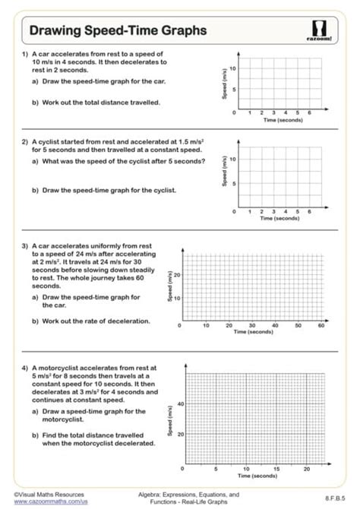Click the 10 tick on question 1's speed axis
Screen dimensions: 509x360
tap(234, 68)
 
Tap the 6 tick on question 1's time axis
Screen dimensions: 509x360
tap(308, 112)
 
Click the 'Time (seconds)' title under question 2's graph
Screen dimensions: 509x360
tap(280, 218)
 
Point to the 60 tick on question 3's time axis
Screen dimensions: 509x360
tap(321, 324)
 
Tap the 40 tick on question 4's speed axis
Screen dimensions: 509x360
tap(180, 403)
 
